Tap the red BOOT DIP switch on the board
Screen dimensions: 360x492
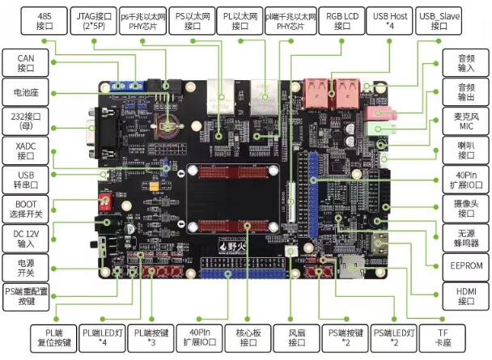point(106,199)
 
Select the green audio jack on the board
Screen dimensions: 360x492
point(375,127)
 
